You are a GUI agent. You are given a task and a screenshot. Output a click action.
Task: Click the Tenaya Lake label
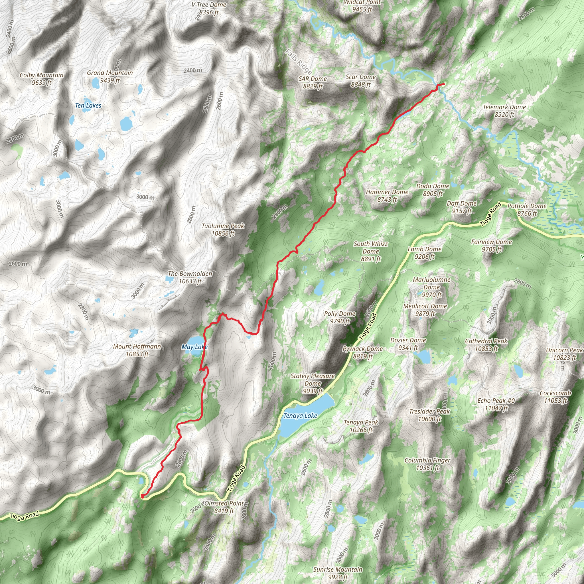(300, 416)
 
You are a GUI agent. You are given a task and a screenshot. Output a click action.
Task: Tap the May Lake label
(194, 347)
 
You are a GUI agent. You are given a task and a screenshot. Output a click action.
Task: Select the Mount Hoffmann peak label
(137, 350)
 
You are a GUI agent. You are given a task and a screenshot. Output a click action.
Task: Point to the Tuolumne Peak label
(223, 230)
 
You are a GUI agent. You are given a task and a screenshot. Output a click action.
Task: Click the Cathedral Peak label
(486, 344)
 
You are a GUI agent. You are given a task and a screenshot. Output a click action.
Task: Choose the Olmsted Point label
(224, 507)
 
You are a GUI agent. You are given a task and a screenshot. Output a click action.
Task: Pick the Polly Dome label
(339, 317)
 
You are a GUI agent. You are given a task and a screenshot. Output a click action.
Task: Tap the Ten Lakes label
(88, 106)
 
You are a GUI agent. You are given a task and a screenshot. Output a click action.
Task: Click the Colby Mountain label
(41, 79)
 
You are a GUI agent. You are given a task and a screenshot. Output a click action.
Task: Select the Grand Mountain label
(110, 76)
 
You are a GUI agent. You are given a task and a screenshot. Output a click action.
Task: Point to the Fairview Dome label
(491, 245)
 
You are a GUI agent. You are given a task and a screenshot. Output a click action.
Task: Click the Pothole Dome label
(527, 209)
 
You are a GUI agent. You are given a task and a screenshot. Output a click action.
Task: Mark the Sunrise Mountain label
(337, 573)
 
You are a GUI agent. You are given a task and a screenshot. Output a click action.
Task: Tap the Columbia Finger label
(427, 464)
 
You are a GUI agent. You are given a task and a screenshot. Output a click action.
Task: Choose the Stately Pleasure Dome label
(313, 383)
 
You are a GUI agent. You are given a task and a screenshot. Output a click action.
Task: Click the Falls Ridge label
(298, 62)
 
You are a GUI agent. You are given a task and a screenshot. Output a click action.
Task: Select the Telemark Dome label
(504, 111)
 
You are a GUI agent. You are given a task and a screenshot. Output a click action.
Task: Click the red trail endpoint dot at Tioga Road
(142, 495)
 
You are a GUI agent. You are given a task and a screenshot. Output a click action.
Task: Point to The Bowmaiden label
(190, 277)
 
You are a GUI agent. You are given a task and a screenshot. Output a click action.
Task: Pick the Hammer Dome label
(387, 195)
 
